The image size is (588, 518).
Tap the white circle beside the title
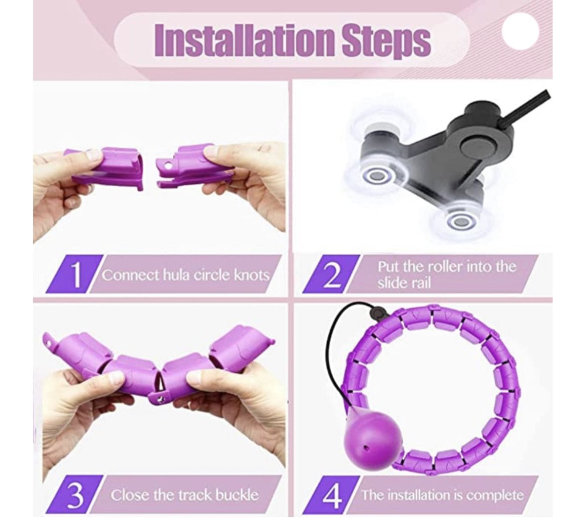(x=520, y=32)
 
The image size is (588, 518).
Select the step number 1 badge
(x=75, y=274)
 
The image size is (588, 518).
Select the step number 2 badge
(x=331, y=274)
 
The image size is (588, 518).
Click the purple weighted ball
(x=373, y=438)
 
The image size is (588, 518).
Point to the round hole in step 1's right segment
(x=167, y=164)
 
